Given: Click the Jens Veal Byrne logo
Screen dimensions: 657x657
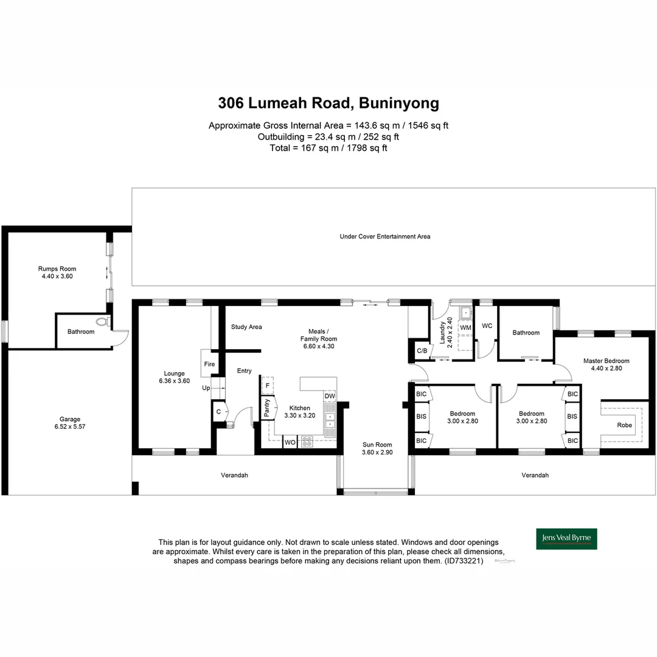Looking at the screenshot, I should [x=566, y=538].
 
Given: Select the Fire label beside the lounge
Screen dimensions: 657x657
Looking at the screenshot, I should [x=209, y=364].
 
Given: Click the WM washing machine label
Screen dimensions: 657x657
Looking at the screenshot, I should [x=465, y=328].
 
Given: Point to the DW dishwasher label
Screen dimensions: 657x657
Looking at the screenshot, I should [x=329, y=397].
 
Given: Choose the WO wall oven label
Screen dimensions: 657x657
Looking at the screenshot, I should [x=290, y=443].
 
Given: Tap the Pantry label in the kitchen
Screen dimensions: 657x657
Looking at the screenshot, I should [x=266, y=408].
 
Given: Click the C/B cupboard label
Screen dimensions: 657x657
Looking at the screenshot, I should [x=421, y=351].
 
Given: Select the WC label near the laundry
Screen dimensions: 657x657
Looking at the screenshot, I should [x=487, y=326].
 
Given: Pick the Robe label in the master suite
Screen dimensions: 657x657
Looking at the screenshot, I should [x=624, y=425].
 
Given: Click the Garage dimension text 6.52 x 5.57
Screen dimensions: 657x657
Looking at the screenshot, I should [x=70, y=427].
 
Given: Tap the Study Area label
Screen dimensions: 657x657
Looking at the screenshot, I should [x=246, y=327].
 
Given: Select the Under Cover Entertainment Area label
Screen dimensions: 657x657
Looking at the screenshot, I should [x=384, y=236].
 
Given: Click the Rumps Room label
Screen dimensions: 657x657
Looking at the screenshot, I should [x=57, y=268].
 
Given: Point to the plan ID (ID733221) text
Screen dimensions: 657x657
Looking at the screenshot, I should [x=464, y=561].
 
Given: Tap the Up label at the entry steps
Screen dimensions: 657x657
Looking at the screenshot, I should [x=206, y=388].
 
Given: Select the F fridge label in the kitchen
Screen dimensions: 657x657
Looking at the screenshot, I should [x=266, y=386].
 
